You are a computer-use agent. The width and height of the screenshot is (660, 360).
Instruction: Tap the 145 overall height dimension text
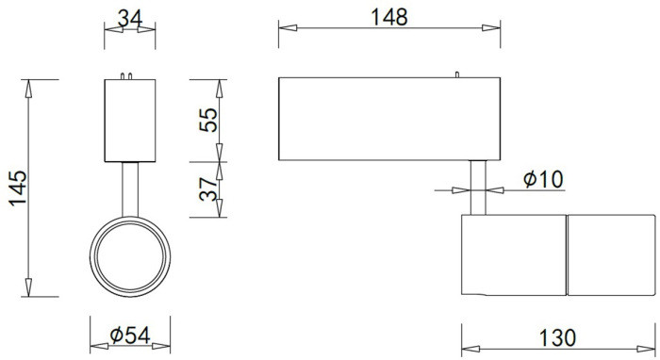pos(17,189)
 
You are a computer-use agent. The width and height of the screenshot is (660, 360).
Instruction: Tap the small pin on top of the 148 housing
pos(456,74)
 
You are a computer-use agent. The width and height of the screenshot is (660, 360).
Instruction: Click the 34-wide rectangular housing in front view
pos(128,121)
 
